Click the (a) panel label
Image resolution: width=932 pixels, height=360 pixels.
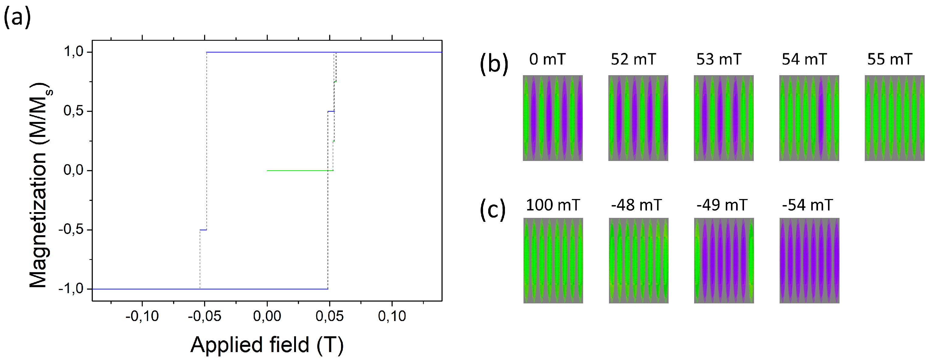[x=17, y=17]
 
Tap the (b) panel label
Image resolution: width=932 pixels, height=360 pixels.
[x=494, y=64]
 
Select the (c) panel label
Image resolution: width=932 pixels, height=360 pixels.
[x=492, y=210]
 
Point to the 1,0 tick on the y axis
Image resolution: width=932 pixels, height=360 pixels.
[x=74, y=52]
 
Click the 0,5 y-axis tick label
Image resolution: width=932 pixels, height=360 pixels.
[x=74, y=111]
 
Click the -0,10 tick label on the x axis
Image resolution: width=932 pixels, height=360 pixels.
[x=142, y=316]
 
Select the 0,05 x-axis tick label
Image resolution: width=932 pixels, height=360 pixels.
[x=329, y=316]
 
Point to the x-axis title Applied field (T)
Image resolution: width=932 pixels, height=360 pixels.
[x=267, y=345]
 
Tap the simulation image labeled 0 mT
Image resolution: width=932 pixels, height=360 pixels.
[x=552, y=118]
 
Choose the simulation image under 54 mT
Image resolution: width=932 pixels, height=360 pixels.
[x=809, y=118]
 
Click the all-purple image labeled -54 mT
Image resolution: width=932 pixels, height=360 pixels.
[x=809, y=260]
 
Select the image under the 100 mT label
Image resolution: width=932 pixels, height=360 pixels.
[x=553, y=260]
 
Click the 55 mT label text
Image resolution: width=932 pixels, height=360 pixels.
[x=890, y=59]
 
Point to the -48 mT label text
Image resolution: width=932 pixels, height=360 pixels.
[x=636, y=205]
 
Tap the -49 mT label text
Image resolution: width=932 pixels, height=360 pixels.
[x=722, y=205]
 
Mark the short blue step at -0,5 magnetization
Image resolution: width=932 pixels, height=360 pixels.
[x=203, y=230]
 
